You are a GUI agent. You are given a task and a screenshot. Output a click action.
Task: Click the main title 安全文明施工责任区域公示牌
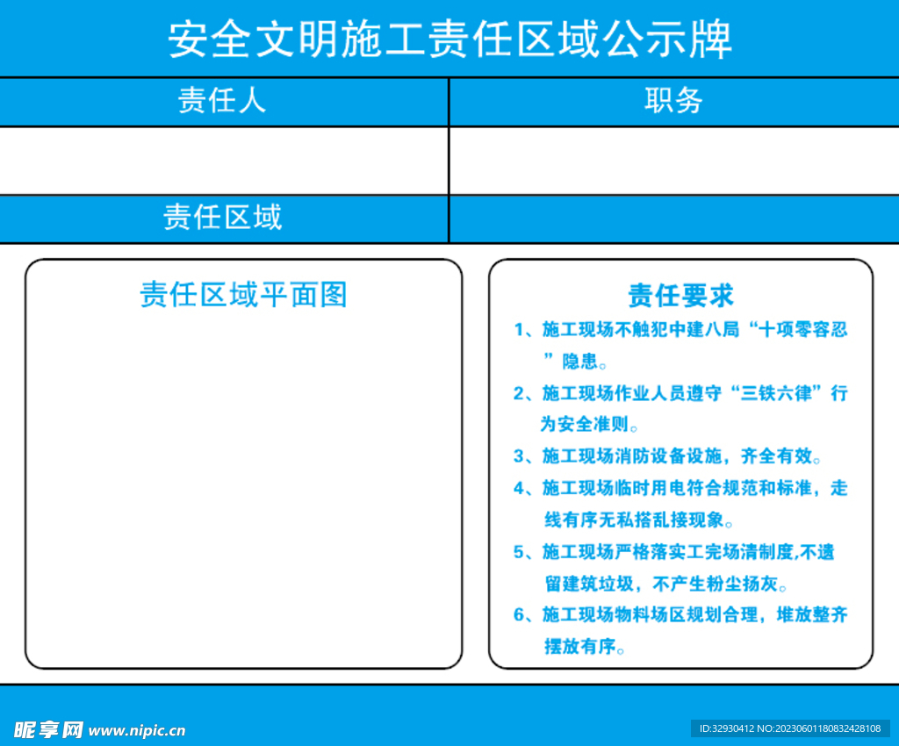point(449,39)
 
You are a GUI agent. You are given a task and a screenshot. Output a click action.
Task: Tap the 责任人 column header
point(222,101)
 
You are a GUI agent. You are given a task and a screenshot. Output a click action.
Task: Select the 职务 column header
point(673,101)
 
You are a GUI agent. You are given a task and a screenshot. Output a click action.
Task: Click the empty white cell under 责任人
point(224,161)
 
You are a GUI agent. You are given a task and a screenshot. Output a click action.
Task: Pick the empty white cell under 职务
point(673,161)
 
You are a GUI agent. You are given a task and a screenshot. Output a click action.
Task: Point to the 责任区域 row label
point(223,217)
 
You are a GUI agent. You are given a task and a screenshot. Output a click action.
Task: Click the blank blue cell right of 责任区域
point(673,219)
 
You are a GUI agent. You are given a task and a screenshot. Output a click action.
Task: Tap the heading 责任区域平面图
point(243,294)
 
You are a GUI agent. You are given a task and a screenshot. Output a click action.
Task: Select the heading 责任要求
point(680,295)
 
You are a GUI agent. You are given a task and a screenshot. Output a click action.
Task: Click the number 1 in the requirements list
point(519,330)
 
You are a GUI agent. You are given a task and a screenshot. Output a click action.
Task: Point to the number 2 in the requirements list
point(519,393)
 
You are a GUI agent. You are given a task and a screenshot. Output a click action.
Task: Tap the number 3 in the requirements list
point(519,456)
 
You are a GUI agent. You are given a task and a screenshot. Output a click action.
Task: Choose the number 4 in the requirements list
point(519,488)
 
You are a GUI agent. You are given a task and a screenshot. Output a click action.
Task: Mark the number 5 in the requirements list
point(519,552)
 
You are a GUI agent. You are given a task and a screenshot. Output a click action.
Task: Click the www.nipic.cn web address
point(137,730)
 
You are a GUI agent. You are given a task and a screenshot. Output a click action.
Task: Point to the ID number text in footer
point(790,728)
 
